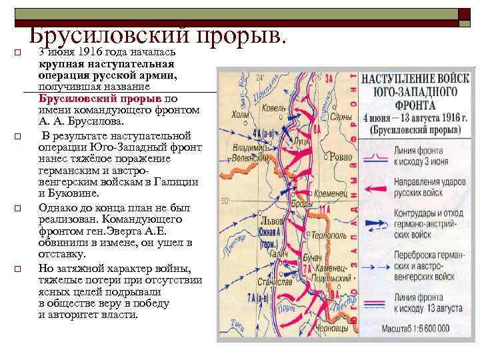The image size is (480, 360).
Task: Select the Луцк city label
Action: [x=301, y=141]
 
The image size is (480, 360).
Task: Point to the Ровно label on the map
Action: [x=339, y=158]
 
